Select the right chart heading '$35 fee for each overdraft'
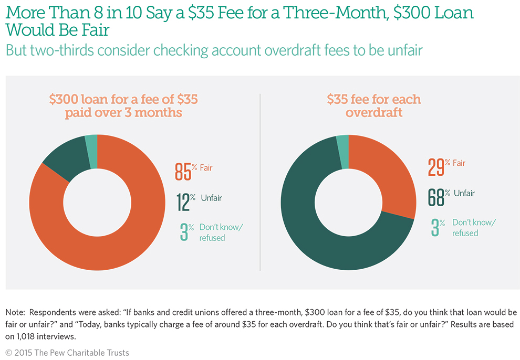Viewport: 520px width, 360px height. (x=374, y=105)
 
